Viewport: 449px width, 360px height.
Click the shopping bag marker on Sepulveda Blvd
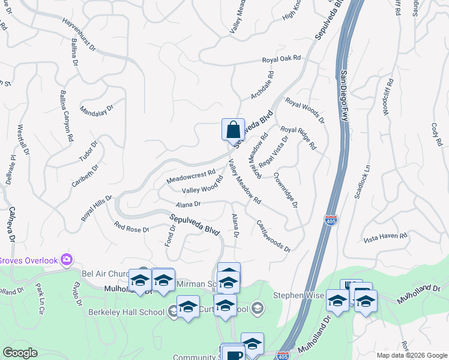233,130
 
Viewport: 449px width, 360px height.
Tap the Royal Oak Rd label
281,59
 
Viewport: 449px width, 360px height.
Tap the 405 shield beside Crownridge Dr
330,220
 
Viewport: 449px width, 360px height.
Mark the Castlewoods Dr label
273,236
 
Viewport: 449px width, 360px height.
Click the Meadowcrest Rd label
191,176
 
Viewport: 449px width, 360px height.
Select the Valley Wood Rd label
202,188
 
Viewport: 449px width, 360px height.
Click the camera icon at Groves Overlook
66,260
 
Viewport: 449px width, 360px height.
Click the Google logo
20,353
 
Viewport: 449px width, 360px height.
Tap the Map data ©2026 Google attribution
412,355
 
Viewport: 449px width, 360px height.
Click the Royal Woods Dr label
304,110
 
